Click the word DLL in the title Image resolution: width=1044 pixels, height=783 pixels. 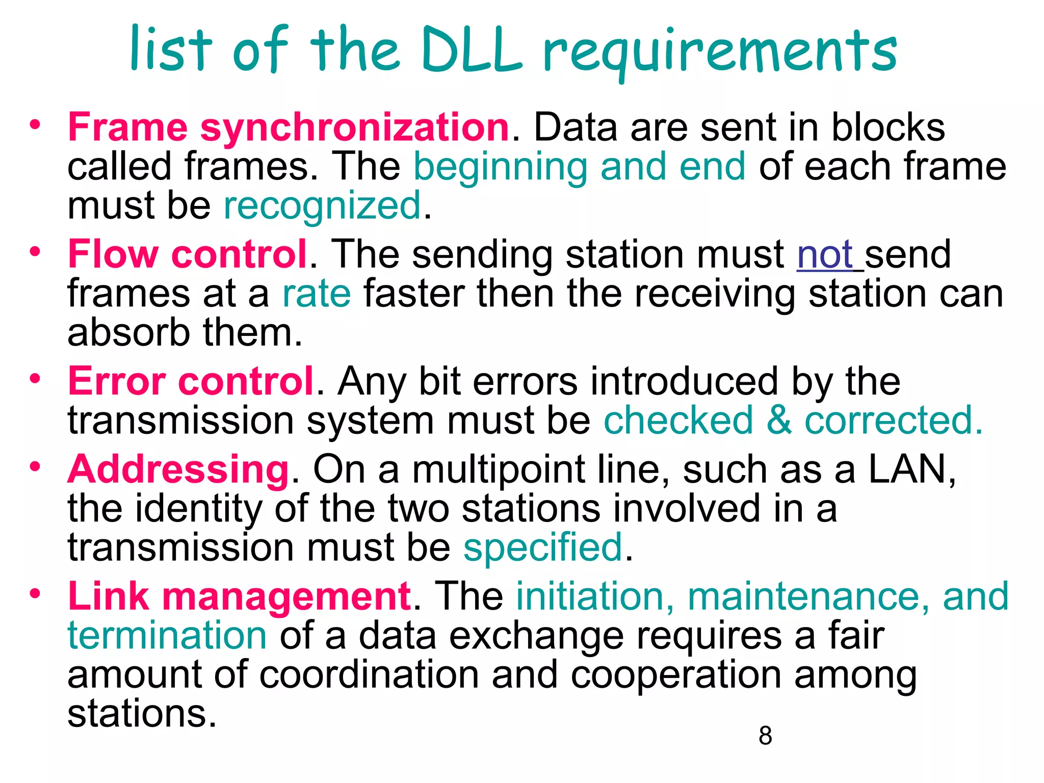point(472,50)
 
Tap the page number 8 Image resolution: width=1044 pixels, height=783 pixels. point(765,736)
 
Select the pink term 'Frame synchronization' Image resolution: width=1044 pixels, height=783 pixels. point(289,127)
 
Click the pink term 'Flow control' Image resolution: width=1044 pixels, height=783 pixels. point(188,254)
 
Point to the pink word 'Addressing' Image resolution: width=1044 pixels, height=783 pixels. point(178,469)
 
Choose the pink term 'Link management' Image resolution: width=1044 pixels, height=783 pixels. point(239,596)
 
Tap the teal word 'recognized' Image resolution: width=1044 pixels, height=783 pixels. point(322,206)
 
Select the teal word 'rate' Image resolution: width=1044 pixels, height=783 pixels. point(317,294)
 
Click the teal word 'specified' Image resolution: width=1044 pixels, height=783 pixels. point(543,547)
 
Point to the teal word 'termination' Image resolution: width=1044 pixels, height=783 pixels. point(167,636)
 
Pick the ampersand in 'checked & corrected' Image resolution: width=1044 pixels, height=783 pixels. point(778,421)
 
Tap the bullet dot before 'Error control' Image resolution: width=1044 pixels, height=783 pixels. point(35,379)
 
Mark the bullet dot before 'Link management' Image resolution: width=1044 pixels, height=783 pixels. point(35,593)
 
